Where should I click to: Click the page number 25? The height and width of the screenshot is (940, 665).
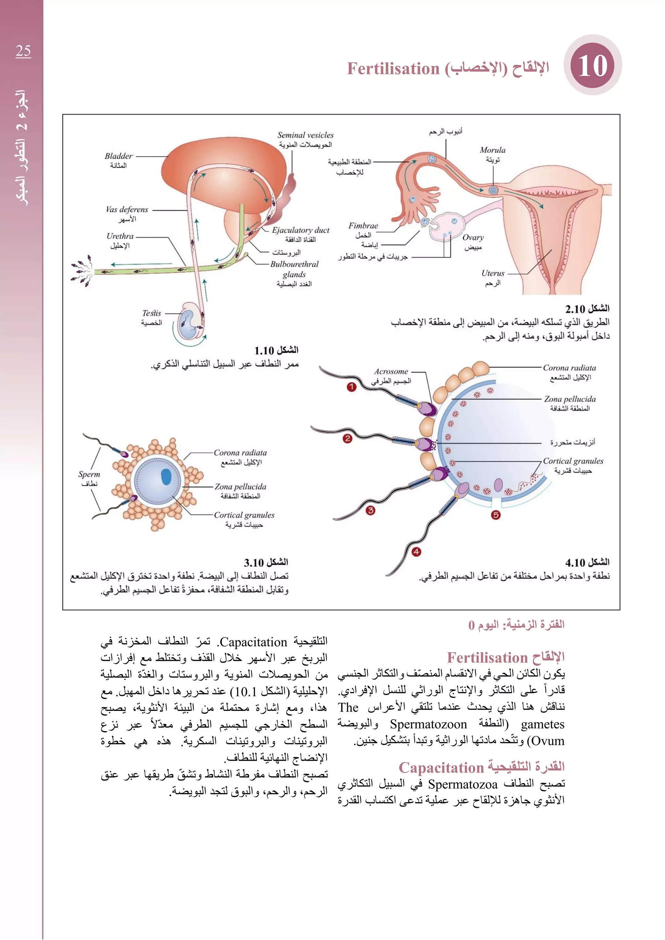(23, 51)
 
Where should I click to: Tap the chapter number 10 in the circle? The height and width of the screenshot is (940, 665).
(593, 66)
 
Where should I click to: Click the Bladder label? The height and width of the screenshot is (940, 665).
(118, 156)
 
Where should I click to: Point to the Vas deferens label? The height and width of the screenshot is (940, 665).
(127, 210)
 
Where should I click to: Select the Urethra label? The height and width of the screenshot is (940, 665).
(120, 236)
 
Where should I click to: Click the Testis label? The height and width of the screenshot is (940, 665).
(152, 313)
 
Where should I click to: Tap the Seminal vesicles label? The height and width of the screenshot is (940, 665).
(306, 135)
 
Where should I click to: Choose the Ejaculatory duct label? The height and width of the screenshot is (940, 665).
(301, 230)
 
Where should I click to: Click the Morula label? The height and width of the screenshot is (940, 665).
(493, 150)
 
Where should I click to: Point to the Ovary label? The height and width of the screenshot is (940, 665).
(473, 238)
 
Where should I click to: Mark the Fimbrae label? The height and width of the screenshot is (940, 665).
(363, 226)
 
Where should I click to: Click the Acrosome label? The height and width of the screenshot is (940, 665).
(391, 371)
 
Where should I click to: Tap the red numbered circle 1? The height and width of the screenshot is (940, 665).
(351, 387)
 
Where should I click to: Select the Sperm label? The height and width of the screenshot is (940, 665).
(89, 474)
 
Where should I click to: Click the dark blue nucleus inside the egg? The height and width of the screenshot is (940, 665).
(166, 477)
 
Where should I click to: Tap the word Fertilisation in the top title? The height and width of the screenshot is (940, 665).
(393, 69)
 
